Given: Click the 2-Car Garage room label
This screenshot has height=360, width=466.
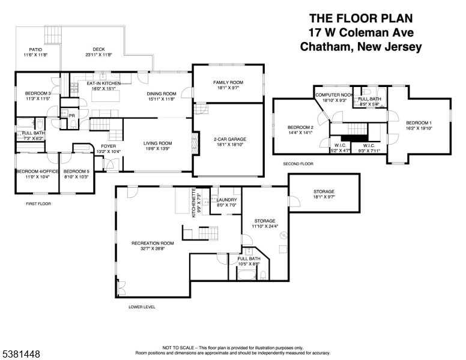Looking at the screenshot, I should coord(228,139).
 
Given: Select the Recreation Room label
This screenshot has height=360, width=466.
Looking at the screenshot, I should coord(153,243).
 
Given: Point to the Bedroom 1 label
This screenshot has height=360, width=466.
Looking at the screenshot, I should coord(419,123).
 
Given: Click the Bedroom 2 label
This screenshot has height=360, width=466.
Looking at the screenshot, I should coord(301,128).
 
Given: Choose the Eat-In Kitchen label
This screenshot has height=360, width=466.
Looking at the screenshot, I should coord(103,83).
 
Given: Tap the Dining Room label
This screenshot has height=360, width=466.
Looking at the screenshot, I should coord(162,94).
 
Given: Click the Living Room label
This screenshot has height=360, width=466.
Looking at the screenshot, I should coord(157,143).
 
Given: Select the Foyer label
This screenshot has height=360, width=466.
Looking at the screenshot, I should coord(108,146).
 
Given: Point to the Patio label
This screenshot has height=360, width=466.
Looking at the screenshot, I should coord(35,50).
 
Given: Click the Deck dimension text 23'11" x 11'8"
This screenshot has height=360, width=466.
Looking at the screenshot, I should coord(98,55).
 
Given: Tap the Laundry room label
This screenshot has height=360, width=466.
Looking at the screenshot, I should coord(226,200).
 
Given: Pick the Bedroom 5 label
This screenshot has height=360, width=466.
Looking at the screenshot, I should coord(76,172).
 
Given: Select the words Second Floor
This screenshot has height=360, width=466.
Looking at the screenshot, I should coord(298,163).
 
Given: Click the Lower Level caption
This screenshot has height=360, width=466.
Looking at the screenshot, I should coord(142,307).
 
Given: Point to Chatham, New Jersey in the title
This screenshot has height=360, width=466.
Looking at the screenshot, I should coord(360,47).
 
